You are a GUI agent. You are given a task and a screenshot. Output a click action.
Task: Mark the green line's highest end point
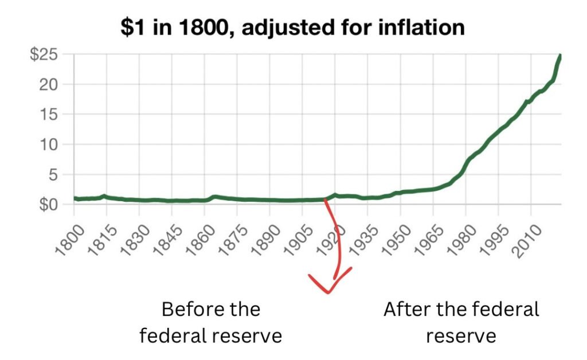(x=560, y=56)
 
